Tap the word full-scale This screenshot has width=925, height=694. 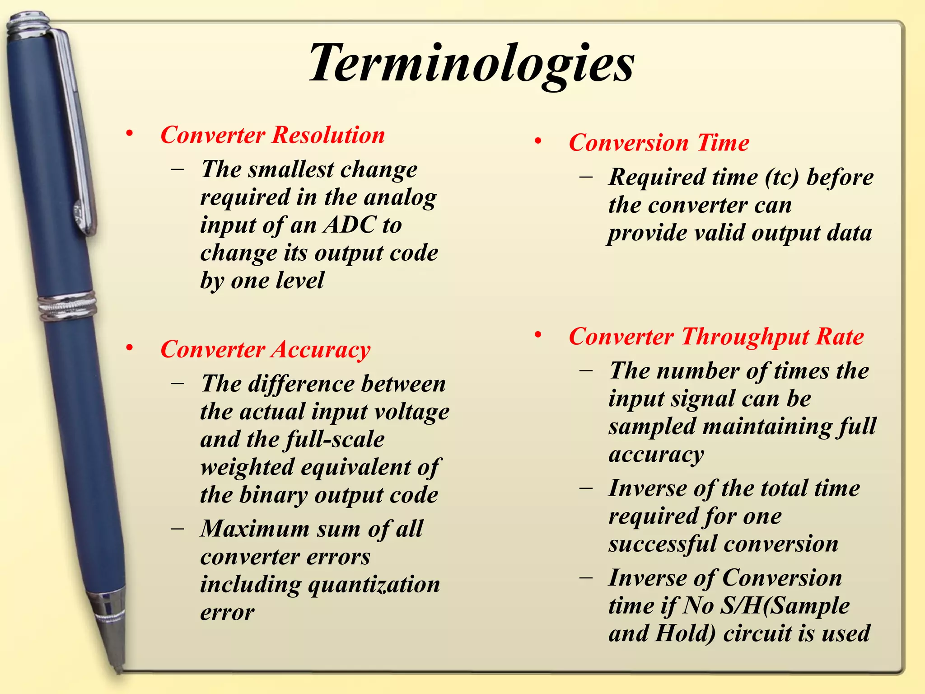335,439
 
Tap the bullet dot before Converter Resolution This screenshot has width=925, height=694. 130,134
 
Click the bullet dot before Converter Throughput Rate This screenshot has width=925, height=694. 537,335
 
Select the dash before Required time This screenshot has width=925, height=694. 586,177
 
